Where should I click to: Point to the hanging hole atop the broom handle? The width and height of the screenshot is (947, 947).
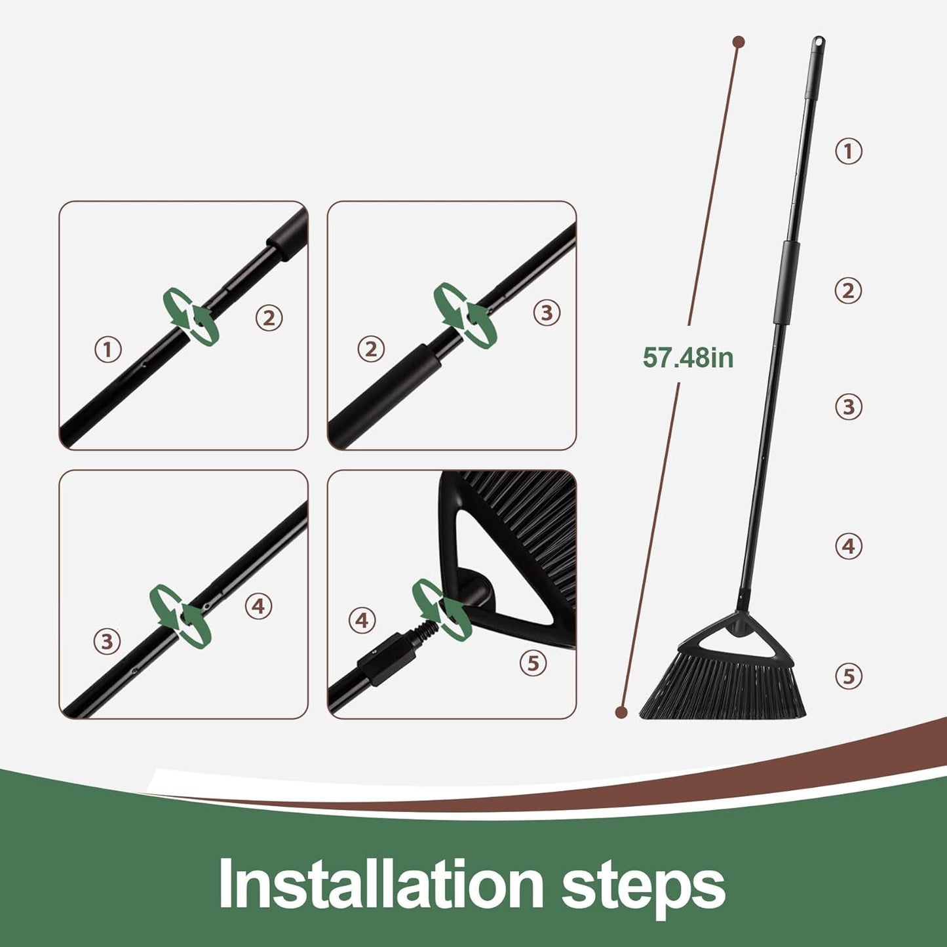819,42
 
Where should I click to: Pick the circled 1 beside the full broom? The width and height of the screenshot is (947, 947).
848,151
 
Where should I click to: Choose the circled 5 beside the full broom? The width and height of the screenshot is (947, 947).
848,676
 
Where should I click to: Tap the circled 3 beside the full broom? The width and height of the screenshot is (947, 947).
848,408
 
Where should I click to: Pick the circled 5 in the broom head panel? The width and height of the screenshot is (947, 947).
533,664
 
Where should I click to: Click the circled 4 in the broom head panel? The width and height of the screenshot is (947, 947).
362,621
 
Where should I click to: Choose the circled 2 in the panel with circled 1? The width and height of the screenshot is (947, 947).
269,318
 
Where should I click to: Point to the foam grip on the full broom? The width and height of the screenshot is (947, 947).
785,282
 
